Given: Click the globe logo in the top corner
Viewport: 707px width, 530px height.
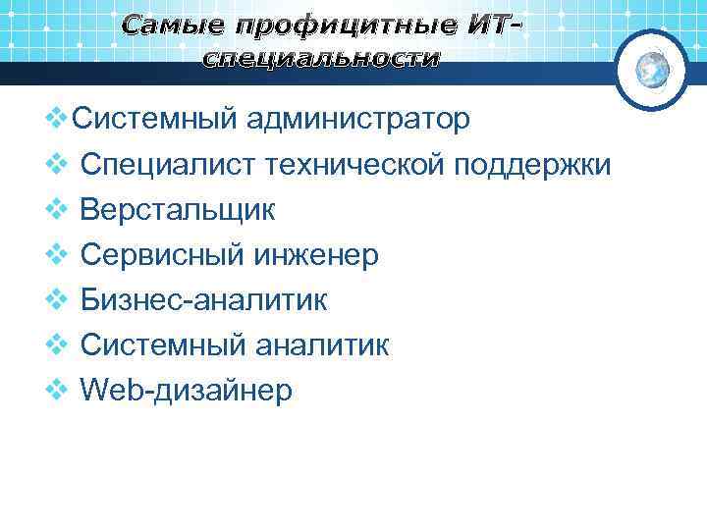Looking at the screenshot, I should (652, 69).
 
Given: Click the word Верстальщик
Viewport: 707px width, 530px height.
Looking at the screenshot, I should (178, 210).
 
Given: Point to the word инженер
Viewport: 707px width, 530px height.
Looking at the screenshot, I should (317, 255).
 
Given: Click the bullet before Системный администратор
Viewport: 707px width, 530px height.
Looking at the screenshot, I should (58, 120).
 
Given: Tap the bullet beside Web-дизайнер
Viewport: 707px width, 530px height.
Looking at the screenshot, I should (58, 391).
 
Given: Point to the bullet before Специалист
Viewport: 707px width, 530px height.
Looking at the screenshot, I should (58, 165).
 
